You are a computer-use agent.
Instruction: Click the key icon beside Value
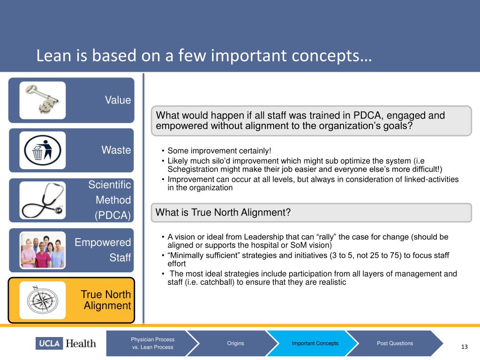click(43, 100)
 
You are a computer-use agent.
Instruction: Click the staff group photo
click(43, 250)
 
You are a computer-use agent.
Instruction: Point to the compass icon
click(43, 300)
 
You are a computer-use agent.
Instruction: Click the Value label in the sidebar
click(118, 100)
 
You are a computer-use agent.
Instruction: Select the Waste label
click(116, 150)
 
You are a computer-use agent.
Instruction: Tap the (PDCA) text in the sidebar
click(113, 215)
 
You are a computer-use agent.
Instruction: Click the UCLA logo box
click(49, 343)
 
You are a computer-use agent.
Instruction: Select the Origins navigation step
click(235, 343)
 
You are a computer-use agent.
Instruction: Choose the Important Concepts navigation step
click(315, 343)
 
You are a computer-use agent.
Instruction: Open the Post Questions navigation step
click(395, 343)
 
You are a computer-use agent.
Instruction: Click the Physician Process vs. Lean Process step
click(153, 343)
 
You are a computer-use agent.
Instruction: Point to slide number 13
click(465, 347)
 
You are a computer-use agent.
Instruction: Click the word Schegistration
click(190, 169)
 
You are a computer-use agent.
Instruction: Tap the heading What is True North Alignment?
click(223, 212)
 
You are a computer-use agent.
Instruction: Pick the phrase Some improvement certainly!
click(219, 151)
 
